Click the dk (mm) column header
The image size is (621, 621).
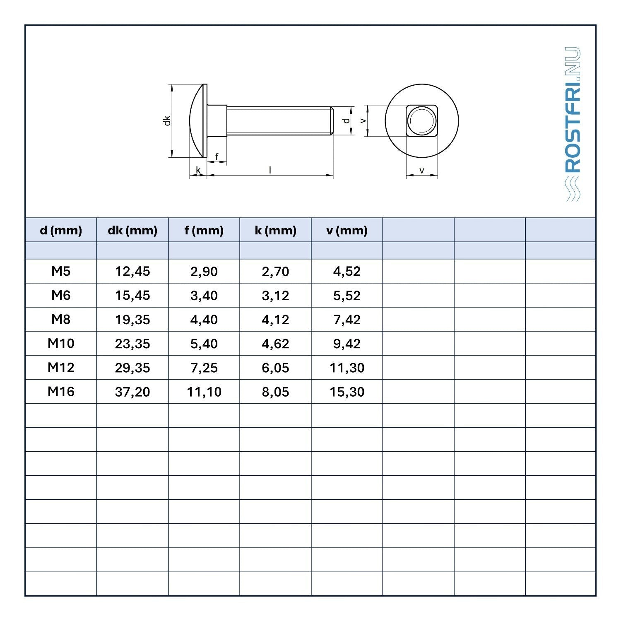tap(132, 230)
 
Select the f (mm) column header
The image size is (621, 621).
tap(204, 230)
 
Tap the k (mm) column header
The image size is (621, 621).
tap(276, 230)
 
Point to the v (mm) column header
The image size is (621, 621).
tap(347, 230)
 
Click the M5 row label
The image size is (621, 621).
tap(61, 271)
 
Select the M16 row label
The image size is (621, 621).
tap(61, 391)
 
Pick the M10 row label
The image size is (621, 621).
tap(61, 343)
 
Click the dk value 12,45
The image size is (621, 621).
tap(132, 272)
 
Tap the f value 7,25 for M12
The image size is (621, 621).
tap(204, 368)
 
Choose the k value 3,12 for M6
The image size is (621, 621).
tap(276, 296)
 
